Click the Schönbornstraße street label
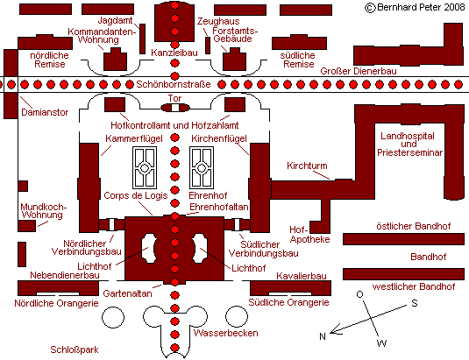point(174,84)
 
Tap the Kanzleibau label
point(174,53)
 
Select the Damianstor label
point(45,112)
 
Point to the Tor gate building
point(175,108)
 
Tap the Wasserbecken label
point(225,333)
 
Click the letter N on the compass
point(322,336)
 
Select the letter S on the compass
point(415,303)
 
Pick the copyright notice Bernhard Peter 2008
point(415,7)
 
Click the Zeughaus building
point(208,46)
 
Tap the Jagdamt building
point(143,39)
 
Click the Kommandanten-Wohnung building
point(115,60)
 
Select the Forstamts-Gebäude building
point(235,60)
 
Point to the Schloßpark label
point(75,349)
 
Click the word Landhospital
point(408,137)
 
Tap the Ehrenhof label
point(208,195)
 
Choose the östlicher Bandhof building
point(403,239)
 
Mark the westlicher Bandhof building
point(403,274)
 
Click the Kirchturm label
point(307,166)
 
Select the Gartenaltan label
point(127,293)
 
